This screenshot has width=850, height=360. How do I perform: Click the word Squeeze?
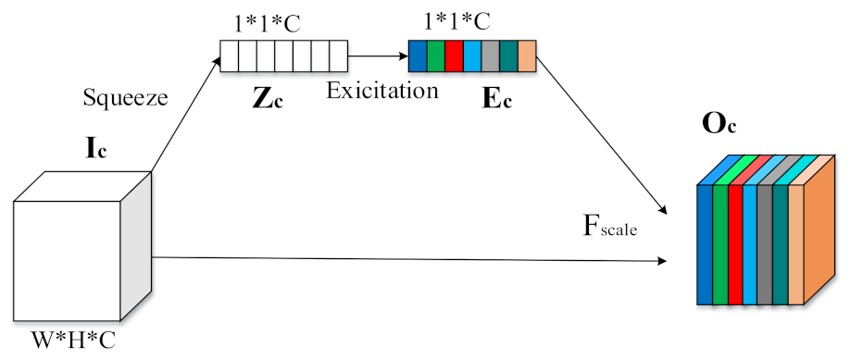coord(126,97)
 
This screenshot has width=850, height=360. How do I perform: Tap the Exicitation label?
coord(381,91)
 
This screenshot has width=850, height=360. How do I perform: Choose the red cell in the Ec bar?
coord(454,56)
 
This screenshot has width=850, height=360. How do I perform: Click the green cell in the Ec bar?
coord(435,56)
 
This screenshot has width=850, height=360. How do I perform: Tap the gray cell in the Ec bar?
coord(491,56)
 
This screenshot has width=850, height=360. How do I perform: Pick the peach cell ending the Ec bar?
coord(527,56)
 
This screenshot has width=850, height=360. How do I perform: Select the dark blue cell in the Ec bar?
coord(418,56)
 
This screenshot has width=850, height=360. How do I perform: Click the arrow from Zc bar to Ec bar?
coord(377,56)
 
